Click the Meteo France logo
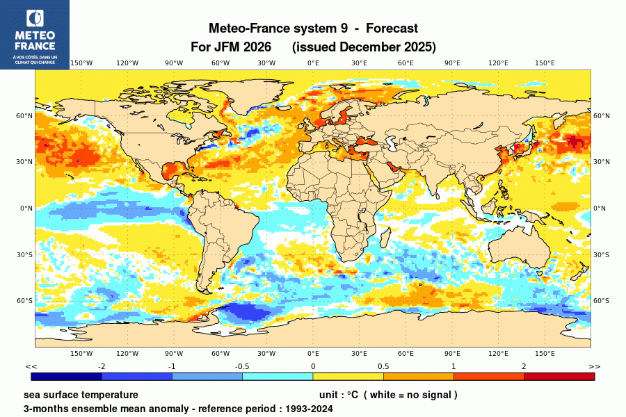coord(34,34)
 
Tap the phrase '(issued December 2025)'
coord(364,47)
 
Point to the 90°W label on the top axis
coord(174,63)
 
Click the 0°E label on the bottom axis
coord(313,353)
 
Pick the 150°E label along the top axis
coord(545,63)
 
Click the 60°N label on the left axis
coord(25,116)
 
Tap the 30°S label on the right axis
coord(601,254)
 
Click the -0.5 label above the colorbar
coord(242,366)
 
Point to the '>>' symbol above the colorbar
coord(594,366)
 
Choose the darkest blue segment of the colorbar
coord(67,377)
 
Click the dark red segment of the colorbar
coord(559,377)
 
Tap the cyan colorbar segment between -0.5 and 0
coord(278,377)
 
